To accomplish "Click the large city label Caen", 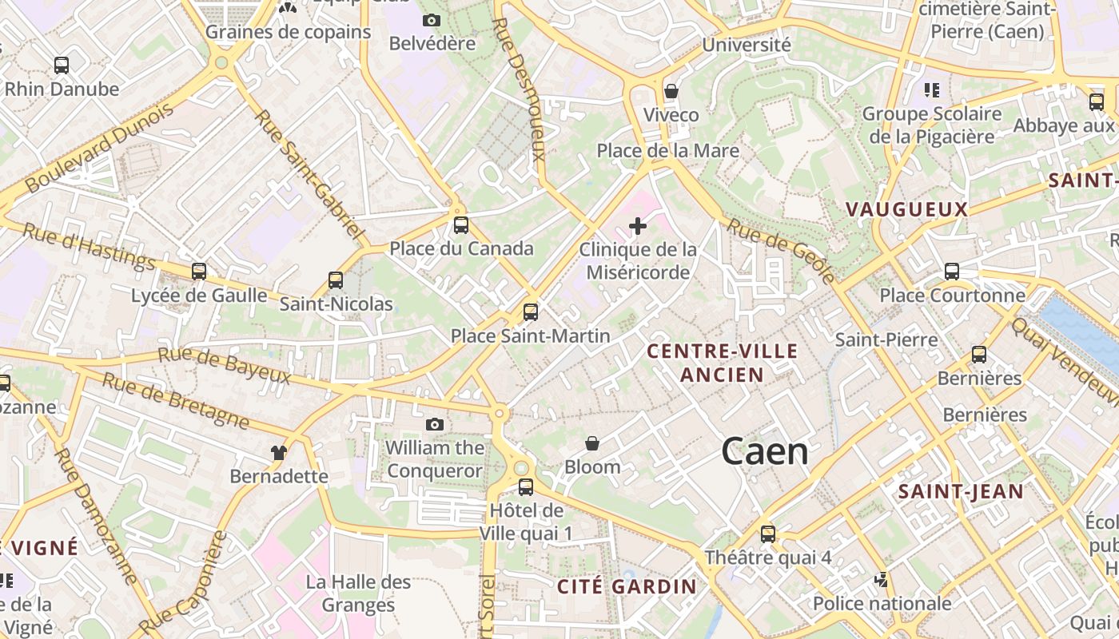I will tap(764, 452).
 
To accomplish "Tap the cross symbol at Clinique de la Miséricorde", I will tap(637, 227).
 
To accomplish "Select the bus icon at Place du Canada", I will tap(460, 225).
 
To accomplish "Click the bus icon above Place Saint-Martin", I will tap(530, 312).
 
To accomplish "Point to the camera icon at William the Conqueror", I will tap(434, 424).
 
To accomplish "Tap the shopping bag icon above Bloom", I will tap(592, 443).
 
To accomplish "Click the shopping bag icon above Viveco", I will tap(671, 91).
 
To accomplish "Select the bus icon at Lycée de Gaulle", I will tap(199, 272).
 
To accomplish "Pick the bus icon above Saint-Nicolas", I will tap(336, 280).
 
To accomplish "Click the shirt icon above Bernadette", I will tap(278, 453).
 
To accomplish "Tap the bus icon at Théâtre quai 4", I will tap(767, 534).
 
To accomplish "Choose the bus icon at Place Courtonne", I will tap(951, 272).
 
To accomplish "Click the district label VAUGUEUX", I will tap(906, 210).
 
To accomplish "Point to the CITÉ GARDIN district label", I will tap(627, 586).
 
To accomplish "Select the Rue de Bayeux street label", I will tap(224, 365).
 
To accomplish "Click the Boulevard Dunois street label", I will tap(99, 149).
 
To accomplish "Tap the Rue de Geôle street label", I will tap(782, 252).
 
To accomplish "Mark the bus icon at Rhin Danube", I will tap(62, 65).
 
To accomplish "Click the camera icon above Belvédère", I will tap(432, 20).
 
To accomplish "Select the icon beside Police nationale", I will tap(882, 579).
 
